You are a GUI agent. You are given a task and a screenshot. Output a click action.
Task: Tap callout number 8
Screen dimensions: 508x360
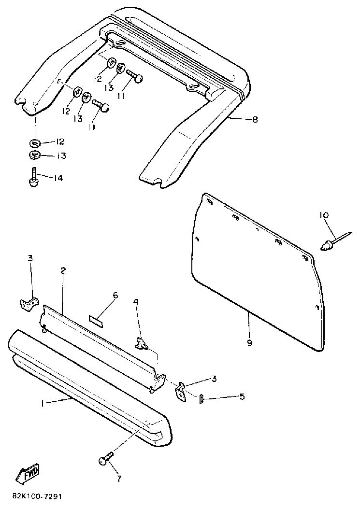click(x=255, y=119)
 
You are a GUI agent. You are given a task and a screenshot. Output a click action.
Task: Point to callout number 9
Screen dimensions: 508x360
click(x=249, y=343)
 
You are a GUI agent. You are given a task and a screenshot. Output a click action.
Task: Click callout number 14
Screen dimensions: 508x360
click(x=58, y=178)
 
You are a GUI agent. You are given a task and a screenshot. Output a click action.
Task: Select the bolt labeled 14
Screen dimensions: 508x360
click(x=33, y=178)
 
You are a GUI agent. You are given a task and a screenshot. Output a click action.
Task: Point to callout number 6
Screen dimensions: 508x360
click(x=115, y=295)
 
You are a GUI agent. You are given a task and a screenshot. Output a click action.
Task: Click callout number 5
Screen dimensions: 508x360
click(x=242, y=396)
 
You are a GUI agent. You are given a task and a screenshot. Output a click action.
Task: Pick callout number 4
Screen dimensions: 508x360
click(x=136, y=302)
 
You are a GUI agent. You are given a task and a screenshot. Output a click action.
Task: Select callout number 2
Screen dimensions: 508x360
click(x=63, y=271)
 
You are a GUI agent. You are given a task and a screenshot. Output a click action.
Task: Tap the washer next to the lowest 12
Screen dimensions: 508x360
click(x=35, y=143)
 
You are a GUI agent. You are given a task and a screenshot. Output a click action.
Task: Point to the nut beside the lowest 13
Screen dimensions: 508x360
click(x=34, y=155)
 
